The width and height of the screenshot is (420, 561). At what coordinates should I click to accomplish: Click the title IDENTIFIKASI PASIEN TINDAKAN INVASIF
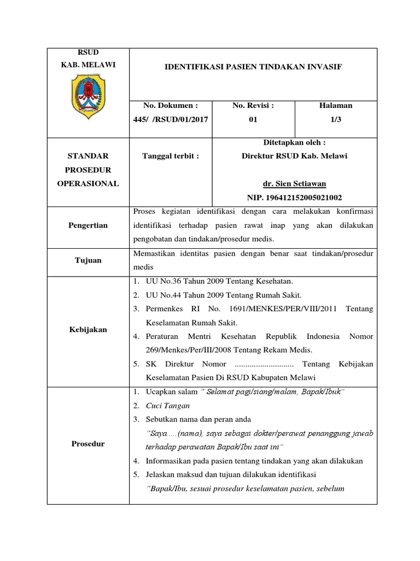coord(253,66)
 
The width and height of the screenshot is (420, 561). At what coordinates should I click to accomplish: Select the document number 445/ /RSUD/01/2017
coord(170,119)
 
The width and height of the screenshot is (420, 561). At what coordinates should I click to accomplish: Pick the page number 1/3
coord(336,119)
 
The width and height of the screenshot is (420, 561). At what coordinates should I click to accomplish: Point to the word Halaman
coord(336,105)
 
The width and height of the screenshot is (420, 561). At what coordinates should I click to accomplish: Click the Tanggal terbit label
coord(170,156)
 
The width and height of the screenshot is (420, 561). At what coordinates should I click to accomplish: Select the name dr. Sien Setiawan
coord(294,184)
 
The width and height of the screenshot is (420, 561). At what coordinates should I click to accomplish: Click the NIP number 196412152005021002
coord(294,197)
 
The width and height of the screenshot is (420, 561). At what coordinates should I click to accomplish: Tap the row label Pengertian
coord(87,225)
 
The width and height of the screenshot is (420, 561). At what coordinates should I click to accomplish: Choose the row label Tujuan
coord(87,260)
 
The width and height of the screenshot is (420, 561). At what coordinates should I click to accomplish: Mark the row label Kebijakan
coord(87,330)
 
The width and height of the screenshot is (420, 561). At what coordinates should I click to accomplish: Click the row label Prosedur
coord(87,443)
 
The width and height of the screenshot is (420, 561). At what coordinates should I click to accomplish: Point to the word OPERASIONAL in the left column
coord(87,184)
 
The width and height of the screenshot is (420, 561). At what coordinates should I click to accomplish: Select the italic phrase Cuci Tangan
coord(168,406)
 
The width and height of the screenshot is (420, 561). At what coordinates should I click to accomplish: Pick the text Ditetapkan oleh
coord(294,142)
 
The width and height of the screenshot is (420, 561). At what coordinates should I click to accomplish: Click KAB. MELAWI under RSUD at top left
coord(87,65)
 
